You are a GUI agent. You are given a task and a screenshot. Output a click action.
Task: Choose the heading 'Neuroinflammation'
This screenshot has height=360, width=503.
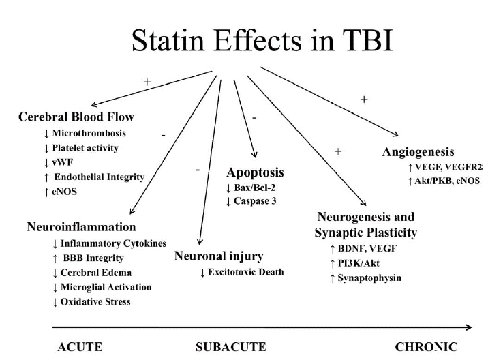pos(82,226)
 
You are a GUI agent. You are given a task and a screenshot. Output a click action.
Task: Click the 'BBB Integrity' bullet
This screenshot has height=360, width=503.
pos(93,258)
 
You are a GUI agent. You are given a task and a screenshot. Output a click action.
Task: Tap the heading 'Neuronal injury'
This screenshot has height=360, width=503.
pos(218,256)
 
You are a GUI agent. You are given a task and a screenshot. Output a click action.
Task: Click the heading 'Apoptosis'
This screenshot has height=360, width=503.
pos(256,173)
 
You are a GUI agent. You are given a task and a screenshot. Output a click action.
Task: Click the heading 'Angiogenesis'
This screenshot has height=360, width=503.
pos(418,152)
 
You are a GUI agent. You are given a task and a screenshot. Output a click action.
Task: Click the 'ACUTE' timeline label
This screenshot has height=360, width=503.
pos(80,346)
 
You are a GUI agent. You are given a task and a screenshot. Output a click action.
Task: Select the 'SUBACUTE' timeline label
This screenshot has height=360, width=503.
pos(231,346)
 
